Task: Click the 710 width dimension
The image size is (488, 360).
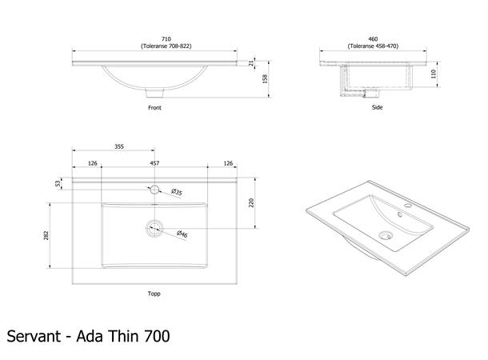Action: click(x=166, y=39)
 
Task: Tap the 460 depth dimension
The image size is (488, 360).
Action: click(x=373, y=39)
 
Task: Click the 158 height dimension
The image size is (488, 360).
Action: click(x=265, y=78)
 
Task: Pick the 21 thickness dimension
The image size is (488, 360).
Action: click(x=251, y=63)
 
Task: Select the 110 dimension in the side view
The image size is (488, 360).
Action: click(x=434, y=74)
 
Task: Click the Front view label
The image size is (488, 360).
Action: click(x=154, y=108)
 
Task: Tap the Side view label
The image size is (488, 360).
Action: click(x=378, y=107)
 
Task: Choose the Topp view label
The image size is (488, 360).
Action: click(x=154, y=294)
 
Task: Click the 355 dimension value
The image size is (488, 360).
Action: click(x=119, y=146)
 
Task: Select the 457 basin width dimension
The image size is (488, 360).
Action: click(x=154, y=163)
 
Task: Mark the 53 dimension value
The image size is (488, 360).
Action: click(x=58, y=183)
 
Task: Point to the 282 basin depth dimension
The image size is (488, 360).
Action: click(x=46, y=235)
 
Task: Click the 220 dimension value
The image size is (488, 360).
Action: click(x=251, y=203)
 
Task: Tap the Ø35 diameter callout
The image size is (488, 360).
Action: click(x=177, y=192)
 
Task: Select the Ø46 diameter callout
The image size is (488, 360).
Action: click(x=182, y=234)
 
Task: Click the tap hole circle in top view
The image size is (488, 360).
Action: click(x=154, y=190)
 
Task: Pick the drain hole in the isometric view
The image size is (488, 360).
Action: click(x=386, y=235)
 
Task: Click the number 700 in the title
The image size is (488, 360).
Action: click(x=157, y=336)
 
